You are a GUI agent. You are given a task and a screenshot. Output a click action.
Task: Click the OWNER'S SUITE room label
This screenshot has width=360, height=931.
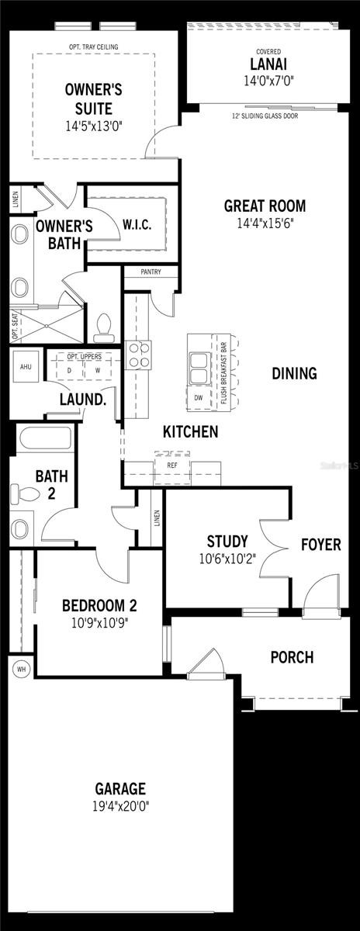94,99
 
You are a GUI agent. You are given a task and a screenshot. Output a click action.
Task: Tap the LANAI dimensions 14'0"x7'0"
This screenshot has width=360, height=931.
268,81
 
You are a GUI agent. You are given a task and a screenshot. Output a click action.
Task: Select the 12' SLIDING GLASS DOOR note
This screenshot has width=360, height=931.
265,116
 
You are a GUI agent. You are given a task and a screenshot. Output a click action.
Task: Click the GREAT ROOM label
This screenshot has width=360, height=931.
265,206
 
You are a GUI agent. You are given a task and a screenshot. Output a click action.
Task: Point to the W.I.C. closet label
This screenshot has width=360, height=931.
137,224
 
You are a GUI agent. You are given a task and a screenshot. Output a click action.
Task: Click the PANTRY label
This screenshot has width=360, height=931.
151,272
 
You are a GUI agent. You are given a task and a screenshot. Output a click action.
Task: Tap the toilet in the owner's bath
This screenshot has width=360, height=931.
103,327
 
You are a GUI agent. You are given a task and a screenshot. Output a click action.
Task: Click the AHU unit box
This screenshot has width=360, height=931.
26,366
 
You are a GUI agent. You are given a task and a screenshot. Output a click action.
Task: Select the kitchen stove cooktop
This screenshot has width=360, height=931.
138,355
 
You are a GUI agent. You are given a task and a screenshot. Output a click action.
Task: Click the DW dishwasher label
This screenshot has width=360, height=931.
199,398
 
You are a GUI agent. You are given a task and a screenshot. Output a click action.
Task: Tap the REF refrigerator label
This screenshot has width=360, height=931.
172,465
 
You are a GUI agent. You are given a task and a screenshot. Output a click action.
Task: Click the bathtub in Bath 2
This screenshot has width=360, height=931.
45,438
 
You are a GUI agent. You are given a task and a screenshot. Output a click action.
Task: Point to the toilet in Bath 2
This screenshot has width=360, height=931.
25,493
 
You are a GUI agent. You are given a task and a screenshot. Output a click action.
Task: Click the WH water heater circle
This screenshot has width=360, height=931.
21,669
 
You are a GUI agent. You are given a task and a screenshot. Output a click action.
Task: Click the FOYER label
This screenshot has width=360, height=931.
321,545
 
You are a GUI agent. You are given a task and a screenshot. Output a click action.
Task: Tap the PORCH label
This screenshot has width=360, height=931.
292,658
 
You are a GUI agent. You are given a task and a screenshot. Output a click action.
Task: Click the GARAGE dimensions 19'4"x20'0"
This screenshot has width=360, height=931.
120,807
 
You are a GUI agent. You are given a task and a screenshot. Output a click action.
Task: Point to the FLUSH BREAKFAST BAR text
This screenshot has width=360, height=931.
223,373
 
